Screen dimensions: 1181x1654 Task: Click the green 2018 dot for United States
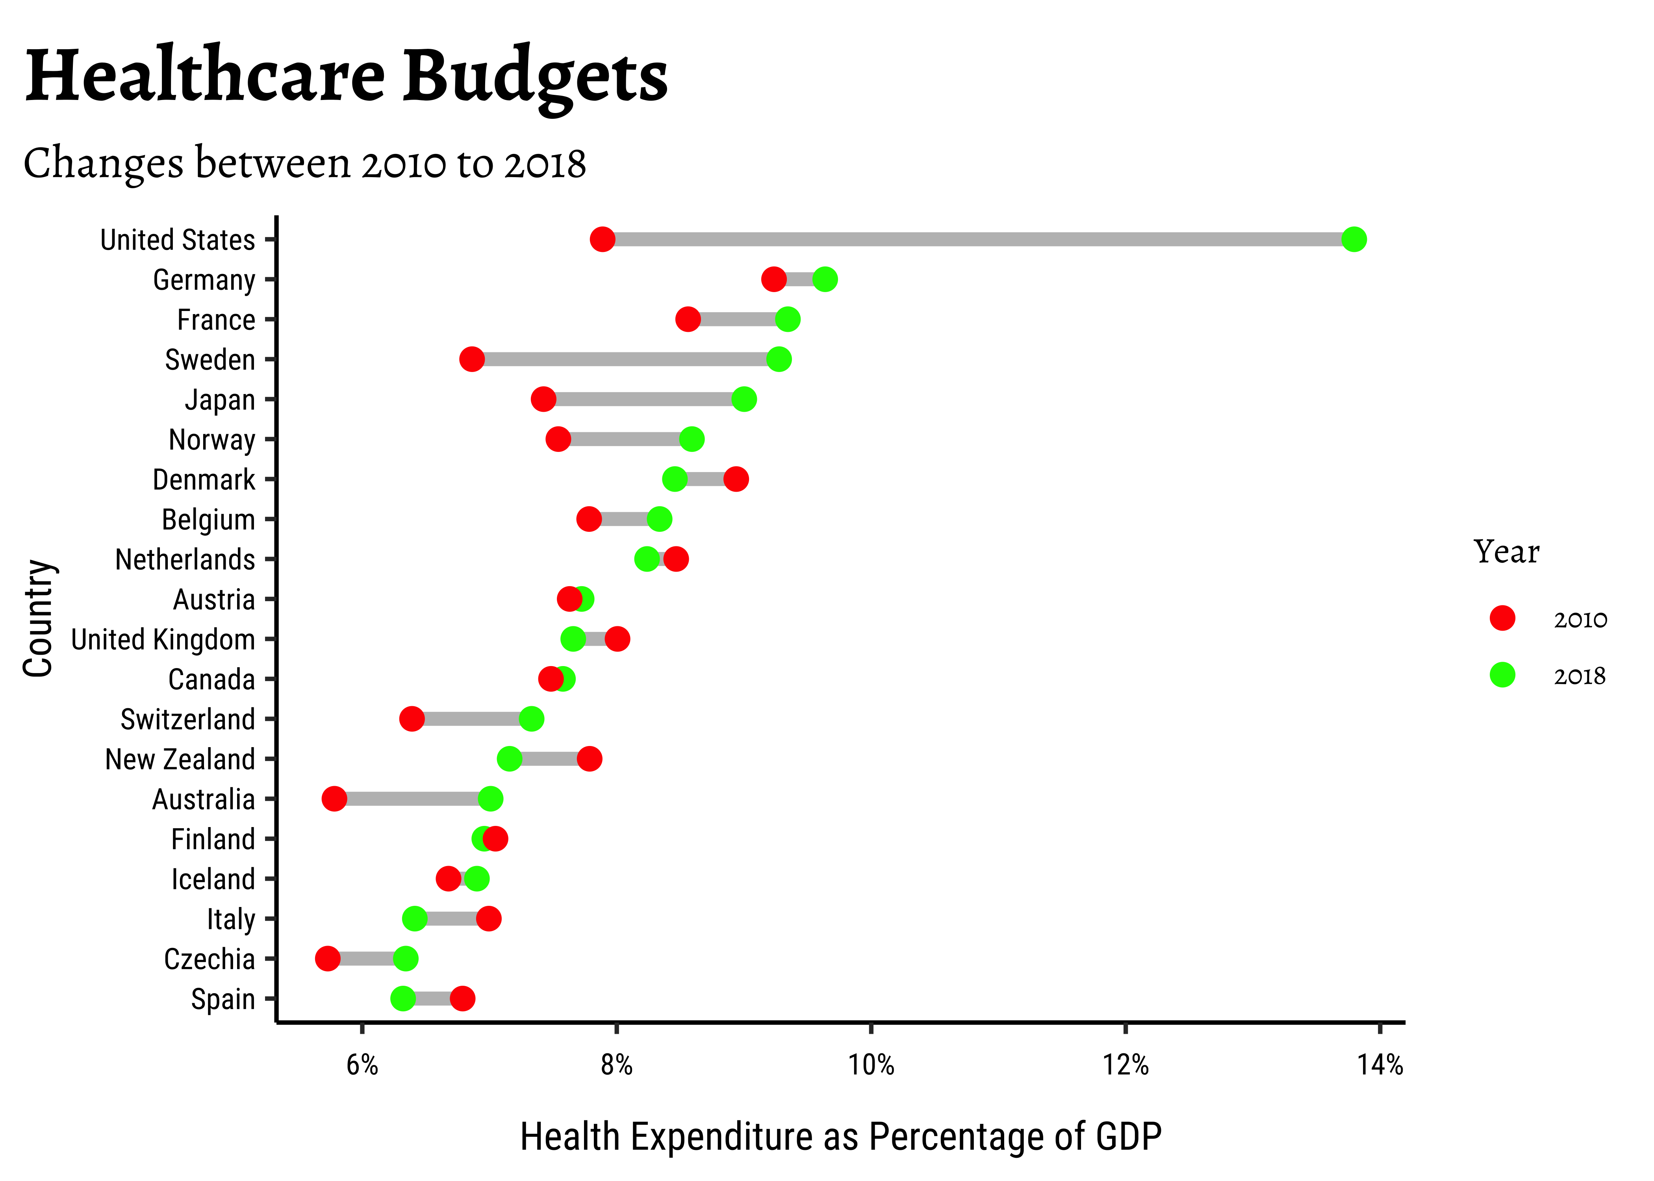[1354, 239]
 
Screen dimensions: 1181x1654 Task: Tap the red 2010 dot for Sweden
[472, 359]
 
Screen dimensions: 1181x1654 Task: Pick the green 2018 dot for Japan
[744, 399]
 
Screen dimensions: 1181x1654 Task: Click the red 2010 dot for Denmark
[736, 479]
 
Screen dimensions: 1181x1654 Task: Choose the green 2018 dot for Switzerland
[532, 719]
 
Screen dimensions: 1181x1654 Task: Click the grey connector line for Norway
[625, 439]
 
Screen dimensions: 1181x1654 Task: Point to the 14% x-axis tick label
[1380, 1065]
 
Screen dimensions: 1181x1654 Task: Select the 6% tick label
[362, 1065]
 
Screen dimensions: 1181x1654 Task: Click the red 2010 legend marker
[1502, 618]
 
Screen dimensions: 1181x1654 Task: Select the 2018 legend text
[1580, 676]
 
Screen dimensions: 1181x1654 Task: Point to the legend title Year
[1506, 552]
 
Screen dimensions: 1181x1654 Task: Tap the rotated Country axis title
[38, 618]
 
